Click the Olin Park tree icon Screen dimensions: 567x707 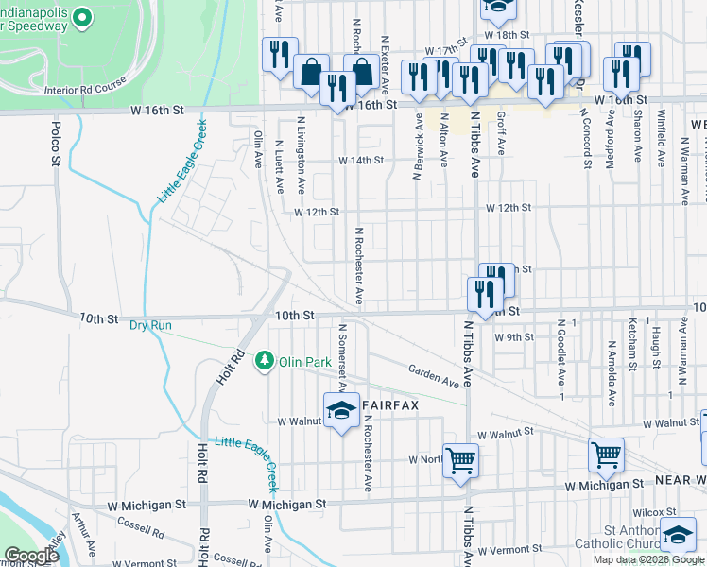point(266,361)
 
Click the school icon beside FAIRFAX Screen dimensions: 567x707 point(342,410)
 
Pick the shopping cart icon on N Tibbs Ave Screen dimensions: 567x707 point(461,460)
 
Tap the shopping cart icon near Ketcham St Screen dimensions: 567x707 point(606,455)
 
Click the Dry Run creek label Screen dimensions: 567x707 point(151,325)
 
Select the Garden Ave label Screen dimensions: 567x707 point(434,377)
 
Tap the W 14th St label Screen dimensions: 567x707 point(363,160)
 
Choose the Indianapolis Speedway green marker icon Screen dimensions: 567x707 point(82,17)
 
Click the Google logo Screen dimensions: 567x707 point(31,556)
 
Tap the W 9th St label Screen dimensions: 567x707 point(514,336)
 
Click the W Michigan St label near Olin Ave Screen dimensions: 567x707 point(288,505)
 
